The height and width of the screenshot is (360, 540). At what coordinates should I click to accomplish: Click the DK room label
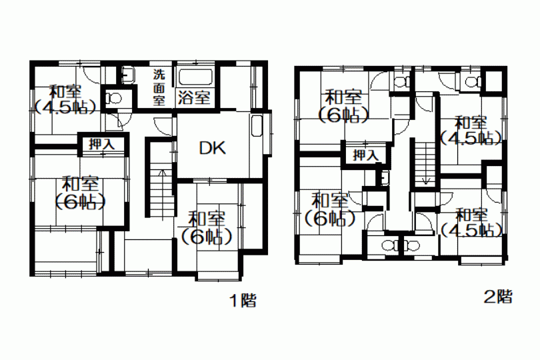pyautogui.click(x=213, y=147)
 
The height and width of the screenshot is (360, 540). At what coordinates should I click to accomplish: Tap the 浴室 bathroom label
pyautogui.click(x=194, y=97)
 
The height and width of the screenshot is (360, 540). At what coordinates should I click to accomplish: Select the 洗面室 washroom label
pyautogui.click(x=159, y=87)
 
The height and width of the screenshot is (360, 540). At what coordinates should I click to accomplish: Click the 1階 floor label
pyautogui.click(x=243, y=301)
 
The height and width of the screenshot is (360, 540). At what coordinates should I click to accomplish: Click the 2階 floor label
pyautogui.click(x=498, y=296)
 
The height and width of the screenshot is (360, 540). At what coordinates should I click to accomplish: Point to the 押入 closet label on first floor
pyautogui.click(x=101, y=144)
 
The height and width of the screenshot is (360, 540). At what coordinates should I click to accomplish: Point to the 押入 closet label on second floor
pyautogui.click(x=365, y=155)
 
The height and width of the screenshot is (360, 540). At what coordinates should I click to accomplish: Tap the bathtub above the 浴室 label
pyautogui.click(x=195, y=78)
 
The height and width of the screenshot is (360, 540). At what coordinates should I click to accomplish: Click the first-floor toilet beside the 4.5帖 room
pyautogui.click(x=113, y=99)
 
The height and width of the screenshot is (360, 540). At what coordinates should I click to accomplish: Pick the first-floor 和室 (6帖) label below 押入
pyautogui.click(x=80, y=193)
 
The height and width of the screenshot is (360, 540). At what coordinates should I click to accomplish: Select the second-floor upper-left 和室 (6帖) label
pyautogui.click(x=343, y=106)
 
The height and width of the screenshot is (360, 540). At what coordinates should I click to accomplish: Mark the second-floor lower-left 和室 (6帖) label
pyautogui.click(x=329, y=209)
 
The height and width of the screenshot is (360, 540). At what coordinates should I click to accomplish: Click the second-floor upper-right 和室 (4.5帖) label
pyautogui.click(x=471, y=130)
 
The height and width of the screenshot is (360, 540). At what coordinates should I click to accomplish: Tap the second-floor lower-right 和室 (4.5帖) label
pyautogui.click(x=471, y=223)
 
